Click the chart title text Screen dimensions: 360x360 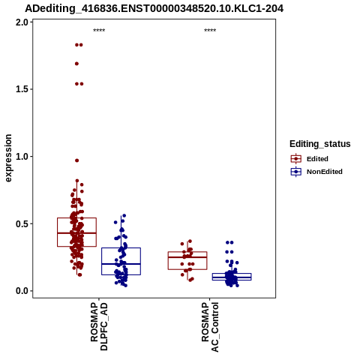point(154,8)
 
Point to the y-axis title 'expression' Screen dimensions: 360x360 point(8,158)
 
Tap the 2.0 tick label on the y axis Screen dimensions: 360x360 point(22,22)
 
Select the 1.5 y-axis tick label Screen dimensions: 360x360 point(22,89)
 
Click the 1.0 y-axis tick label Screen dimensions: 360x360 point(22,157)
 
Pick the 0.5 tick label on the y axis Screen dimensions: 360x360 point(22,223)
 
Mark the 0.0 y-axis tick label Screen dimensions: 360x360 point(22,291)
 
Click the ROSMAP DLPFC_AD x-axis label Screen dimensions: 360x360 point(99,326)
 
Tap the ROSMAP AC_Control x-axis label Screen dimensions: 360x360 point(210,327)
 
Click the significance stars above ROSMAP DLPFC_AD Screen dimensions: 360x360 point(99,31)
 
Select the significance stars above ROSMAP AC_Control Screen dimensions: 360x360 point(210,31)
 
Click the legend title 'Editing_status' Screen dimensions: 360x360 point(320,144)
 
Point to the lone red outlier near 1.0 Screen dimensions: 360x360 point(77,160)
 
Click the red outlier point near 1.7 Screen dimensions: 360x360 point(76,64)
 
